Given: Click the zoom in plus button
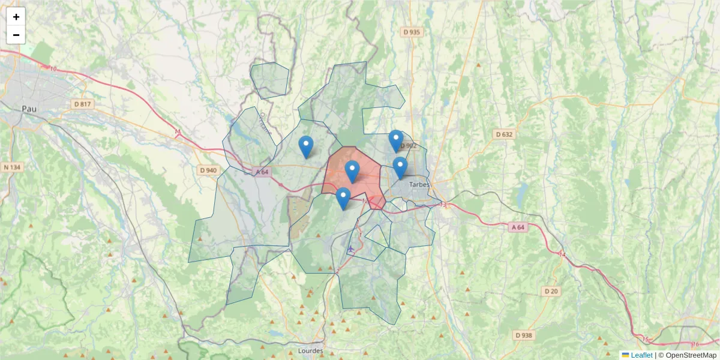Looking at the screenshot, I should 16,17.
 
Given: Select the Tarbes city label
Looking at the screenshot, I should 419,185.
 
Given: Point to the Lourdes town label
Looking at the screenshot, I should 310,350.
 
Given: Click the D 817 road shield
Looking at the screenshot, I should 83,104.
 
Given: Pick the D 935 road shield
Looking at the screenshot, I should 412,32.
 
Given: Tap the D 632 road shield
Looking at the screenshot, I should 504,134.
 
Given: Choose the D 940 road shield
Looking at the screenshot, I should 208,170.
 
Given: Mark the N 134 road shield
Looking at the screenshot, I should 13,167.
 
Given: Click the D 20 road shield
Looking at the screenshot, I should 551,291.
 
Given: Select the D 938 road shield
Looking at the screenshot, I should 524,335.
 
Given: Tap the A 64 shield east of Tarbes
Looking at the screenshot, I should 518,227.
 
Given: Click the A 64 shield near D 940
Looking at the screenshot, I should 262,172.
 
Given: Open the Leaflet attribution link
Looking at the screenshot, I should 641,355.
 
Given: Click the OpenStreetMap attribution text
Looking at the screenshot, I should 690,355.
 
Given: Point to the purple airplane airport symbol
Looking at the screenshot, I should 351,248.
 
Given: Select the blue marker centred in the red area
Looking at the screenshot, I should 352,172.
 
